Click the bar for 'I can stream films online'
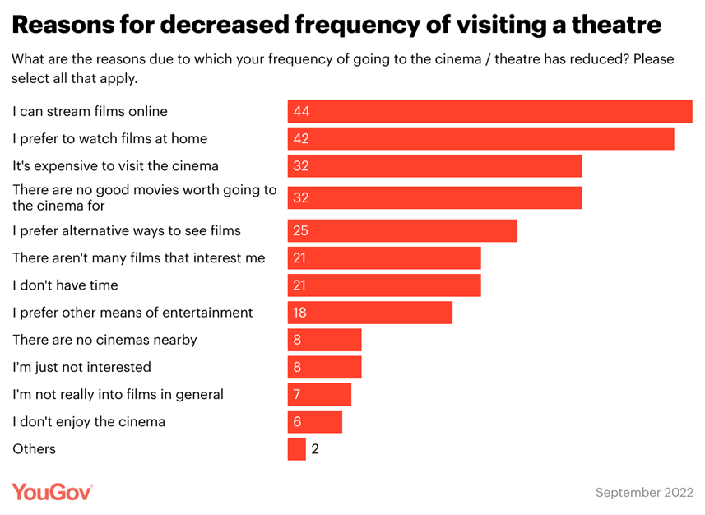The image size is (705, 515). pyautogui.click(x=489, y=111)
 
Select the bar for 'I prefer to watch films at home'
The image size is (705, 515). pyautogui.click(x=480, y=138)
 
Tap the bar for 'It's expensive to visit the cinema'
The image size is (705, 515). pyautogui.click(x=434, y=165)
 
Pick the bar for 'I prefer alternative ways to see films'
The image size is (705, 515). pyautogui.click(x=402, y=230)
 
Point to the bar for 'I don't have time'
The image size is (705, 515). pyautogui.click(x=384, y=285)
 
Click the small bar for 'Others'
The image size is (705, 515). pyautogui.click(x=296, y=449)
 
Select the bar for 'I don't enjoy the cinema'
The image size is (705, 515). pyautogui.click(x=314, y=422)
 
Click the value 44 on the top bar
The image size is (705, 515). pyautogui.click(x=301, y=111)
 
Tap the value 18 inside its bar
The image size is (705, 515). pyautogui.click(x=300, y=313)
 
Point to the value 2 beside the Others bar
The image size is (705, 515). pyautogui.click(x=315, y=449)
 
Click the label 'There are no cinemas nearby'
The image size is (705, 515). pyautogui.click(x=104, y=340)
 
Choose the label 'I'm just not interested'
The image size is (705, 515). pyautogui.click(x=81, y=367)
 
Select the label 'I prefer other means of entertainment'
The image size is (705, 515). pyautogui.click(x=132, y=313)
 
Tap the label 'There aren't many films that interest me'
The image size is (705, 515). pyautogui.click(x=139, y=257)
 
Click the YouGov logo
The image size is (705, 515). pyautogui.click(x=52, y=491)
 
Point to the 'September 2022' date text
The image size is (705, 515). pyautogui.click(x=644, y=492)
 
